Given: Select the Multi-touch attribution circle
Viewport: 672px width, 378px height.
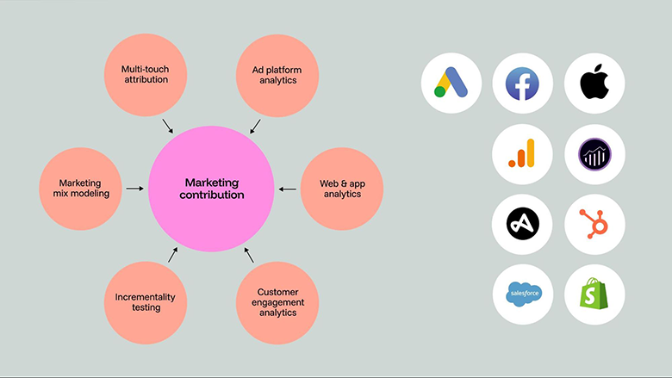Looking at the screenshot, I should (x=146, y=73).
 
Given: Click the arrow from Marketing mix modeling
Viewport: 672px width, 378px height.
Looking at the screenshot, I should (x=134, y=188).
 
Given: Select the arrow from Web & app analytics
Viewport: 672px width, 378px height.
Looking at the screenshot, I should (x=288, y=188).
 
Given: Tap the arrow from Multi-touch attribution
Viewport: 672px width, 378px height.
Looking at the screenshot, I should (x=168, y=126).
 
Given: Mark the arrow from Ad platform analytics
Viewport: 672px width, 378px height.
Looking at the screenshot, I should (x=256, y=126).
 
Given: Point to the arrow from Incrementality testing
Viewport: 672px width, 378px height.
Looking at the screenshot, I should (x=172, y=254).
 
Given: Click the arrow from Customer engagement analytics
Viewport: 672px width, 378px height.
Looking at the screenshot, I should (x=250, y=255).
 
